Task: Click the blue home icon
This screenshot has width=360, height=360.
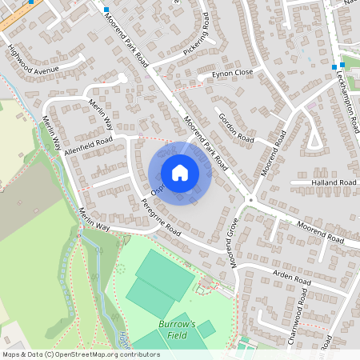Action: pos(180,172)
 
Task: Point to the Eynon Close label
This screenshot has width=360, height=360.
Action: pos(232,73)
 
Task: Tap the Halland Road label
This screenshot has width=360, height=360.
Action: pos(334,182)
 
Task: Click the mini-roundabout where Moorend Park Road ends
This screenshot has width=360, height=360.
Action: pos(250,199)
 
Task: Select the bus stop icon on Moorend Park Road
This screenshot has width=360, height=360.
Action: pos(106,10)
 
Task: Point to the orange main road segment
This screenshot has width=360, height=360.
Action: pos(16,18)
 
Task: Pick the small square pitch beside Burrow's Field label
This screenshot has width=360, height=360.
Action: pos(206,329)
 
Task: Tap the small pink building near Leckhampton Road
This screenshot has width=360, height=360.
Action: pos(311,105)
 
